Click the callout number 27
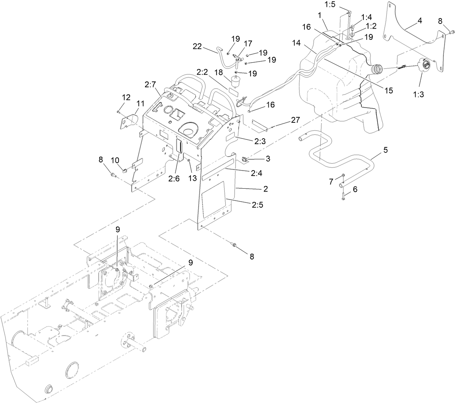tap(295, 120)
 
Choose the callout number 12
tap(126, 97)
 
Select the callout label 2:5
tap(258, 205)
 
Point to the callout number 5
tap(386, 150)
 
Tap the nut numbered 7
tap(342, 177)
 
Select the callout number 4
tap(419, 21)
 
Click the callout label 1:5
tap(332, 5)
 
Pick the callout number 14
tap(306, 43)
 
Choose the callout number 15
tap(388, 91)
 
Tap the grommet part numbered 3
tap(244, 158)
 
